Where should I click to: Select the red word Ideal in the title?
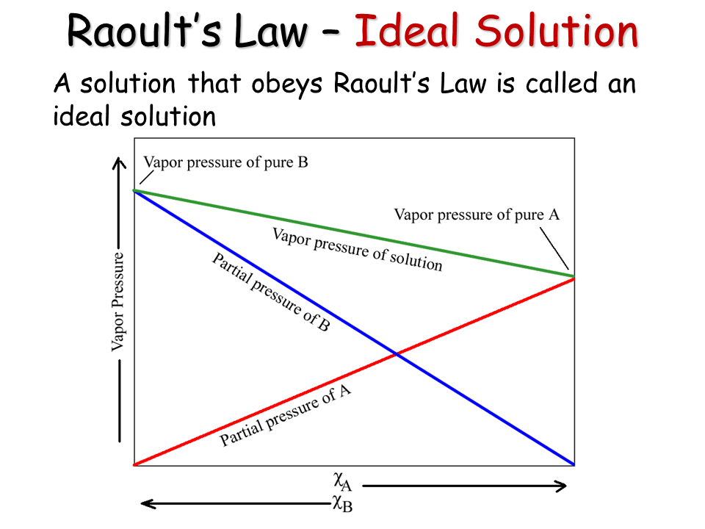(406, 30)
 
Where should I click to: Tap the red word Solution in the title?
(557, 30)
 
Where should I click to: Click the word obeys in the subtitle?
(287, 84)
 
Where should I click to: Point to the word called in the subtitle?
(562, 83)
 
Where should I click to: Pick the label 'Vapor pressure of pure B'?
(225, 162)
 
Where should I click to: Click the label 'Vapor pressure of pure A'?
(477, 215)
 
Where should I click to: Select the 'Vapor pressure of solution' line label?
(358, 250)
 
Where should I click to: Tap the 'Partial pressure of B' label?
(271, 292)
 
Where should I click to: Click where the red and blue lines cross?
(396, 355)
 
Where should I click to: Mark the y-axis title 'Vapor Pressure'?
(117, 301)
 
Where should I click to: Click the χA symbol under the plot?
(343, 481)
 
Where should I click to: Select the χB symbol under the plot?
(343, 504)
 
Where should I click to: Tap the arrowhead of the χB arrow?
(148, 504)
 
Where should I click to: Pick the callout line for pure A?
(554, 248)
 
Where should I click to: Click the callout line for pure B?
(147, 177)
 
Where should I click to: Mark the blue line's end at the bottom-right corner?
(574, 464)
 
